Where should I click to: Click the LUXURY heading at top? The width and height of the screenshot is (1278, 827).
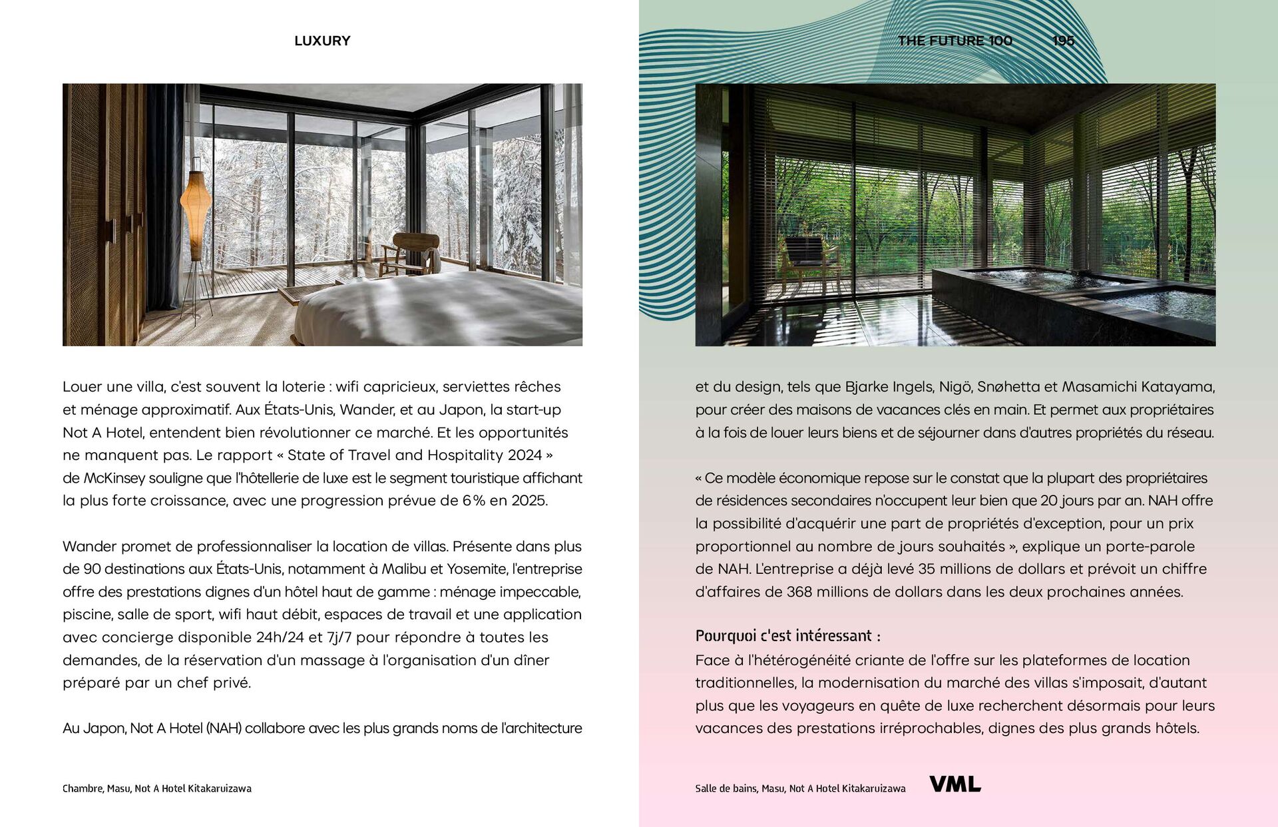click(322, 41)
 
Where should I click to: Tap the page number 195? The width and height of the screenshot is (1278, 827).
click(1063, 41)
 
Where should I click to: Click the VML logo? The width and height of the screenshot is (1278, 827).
click(955, 784)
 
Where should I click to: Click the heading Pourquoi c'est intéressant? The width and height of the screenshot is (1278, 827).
click(787, 635)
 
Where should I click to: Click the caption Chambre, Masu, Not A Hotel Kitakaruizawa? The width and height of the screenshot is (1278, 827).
click(157, 788)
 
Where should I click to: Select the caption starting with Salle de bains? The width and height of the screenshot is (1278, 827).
click(800, 788)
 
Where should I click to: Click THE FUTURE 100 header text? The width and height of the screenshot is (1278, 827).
click(955, 41)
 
